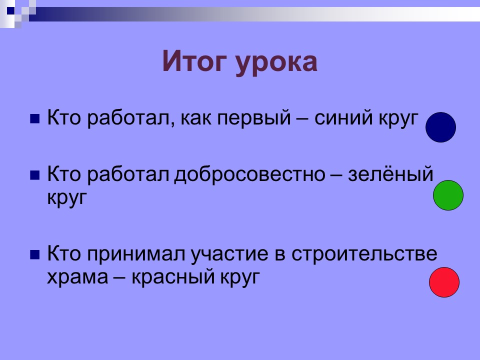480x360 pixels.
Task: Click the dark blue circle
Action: pos(440,127)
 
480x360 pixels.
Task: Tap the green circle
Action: pos(448,195)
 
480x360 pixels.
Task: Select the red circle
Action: pos(444,282)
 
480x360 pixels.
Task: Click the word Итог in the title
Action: pos(194,62)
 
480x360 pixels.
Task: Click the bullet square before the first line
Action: pos(34,119)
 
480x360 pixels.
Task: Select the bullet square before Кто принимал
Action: pos(34,255)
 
